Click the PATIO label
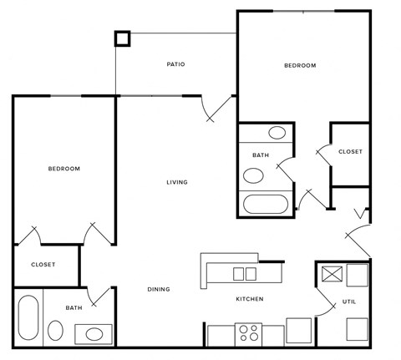tap(175, 64)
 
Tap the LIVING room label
tap(176, 182)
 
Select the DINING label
tap(159, 290)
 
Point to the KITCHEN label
tap(249, 299)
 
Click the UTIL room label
tap(349, 301)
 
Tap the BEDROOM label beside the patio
tap(300, 65)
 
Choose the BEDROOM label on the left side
tap(63, 169)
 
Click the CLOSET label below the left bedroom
tap(43, 265)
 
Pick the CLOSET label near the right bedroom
tap(350, 151)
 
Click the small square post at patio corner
tap(122, 38)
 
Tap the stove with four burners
tap(248, 333)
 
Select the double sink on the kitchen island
tap(245, 273)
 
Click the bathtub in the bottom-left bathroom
tap(27, 317)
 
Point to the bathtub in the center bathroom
tap(266, 205)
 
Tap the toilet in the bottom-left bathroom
tap(55, 331)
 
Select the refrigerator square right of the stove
tap(298, 331)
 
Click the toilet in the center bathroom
tap(253, 175)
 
